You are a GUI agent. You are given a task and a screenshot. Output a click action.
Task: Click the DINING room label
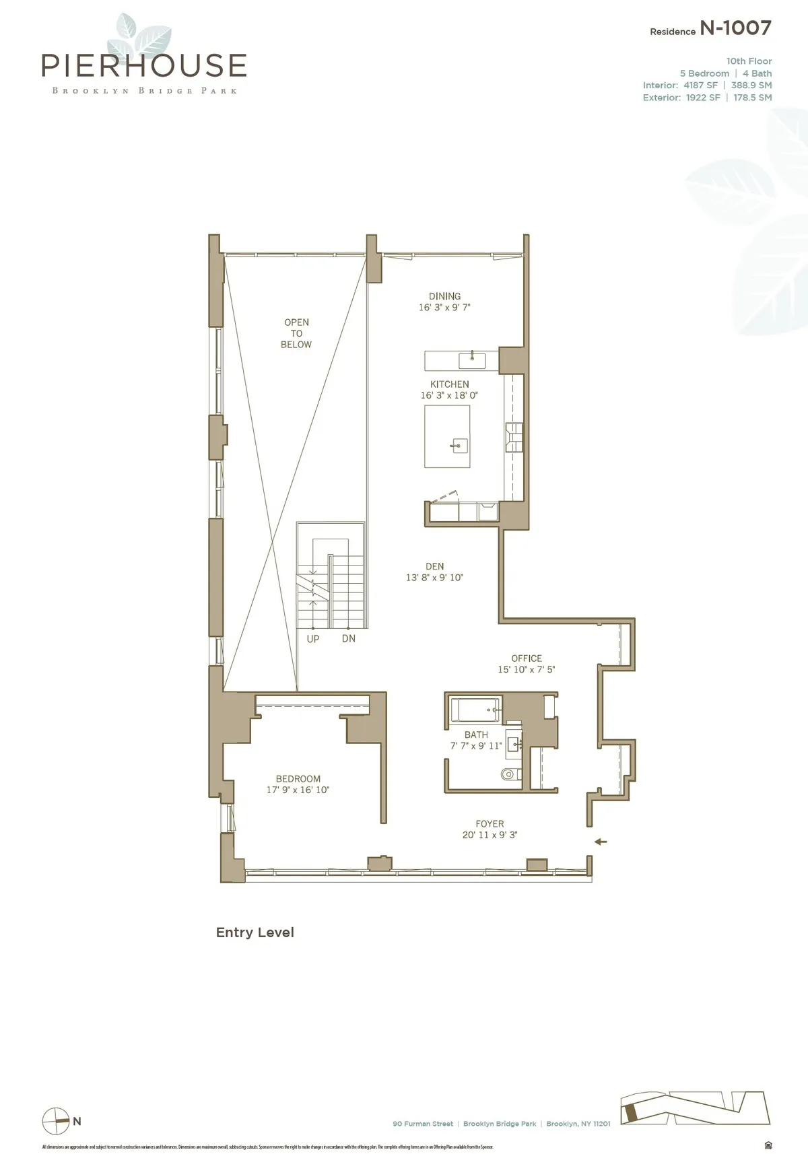pyautogui.click(x=444, y=296)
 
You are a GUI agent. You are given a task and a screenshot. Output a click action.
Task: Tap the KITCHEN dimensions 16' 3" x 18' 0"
pyautogui.click(x=449, y=396)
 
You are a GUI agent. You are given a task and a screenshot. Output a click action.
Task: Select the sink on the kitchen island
pyautogui.click(x=460, y=444)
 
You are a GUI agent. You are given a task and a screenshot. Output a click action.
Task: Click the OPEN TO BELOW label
pyautogui.click(x=296, y=333)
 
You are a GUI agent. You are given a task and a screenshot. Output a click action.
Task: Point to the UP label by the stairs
pyautogui.click(x=313, y=639)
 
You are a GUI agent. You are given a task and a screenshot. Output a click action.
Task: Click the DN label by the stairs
pyautogui.click(x=348, y=638)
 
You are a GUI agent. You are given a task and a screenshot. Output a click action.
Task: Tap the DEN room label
pyautogui.click(x=434, y=567)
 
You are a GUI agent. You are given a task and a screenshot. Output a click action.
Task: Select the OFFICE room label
pyautogui.click(x=527, y=658)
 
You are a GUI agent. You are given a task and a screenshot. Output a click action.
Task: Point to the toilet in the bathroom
pyautogui.click(x=511, y=774)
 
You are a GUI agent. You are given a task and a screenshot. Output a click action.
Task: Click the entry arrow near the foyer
pyautogui.click(x=601, y=842)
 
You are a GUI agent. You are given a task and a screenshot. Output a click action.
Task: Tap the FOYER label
pyautogui.click(x=490, y=824)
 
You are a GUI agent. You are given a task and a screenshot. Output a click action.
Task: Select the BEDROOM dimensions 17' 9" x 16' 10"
pyautogui.click(x=298, y=790)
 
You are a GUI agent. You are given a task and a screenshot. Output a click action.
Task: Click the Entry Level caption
pyautogui.click(x=255, y=932)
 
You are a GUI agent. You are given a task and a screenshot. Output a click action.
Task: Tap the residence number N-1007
pyautogui.click(x=735, y=28)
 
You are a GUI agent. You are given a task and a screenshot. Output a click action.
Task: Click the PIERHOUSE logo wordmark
pyautogui.click(x=143, y=65)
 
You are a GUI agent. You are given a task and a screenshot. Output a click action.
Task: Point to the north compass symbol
pyautogui.click(x=56, y=1121)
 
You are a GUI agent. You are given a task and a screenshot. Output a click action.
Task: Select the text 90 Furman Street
pyautogui.click(x=423, y=1124)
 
